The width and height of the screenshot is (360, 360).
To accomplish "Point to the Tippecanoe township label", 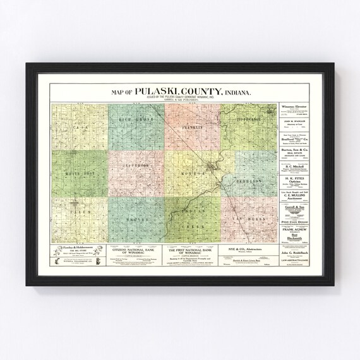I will pyautogui.click(x=249, y=117).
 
